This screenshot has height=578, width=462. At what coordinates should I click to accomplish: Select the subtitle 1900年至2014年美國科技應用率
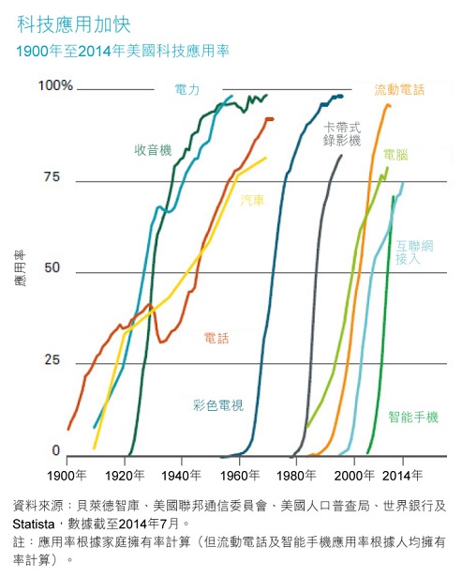(121, 52)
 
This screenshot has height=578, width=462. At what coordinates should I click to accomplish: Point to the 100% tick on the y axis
(55, 85)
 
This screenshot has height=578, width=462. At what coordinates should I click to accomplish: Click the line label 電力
(187, 90)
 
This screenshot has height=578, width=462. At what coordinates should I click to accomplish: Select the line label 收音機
(153, 150)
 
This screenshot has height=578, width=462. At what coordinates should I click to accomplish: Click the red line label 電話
(216, 338)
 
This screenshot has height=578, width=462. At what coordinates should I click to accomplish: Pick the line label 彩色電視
(217, 405)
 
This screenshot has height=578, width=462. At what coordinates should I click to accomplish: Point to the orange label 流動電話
(399, 90)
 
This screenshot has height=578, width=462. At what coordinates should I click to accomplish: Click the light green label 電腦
(395, 153)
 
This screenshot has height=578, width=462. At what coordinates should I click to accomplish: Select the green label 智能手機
(413, 417)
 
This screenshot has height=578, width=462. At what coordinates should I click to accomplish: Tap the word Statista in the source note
(35, 523)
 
